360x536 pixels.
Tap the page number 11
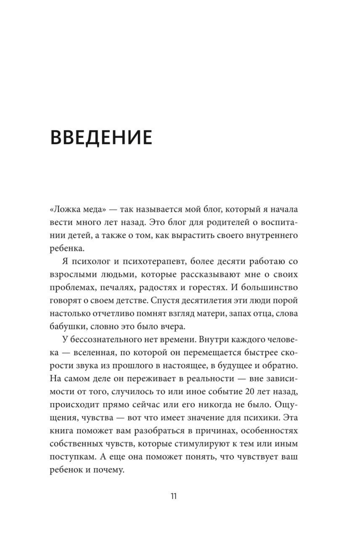(x=174, y=496)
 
